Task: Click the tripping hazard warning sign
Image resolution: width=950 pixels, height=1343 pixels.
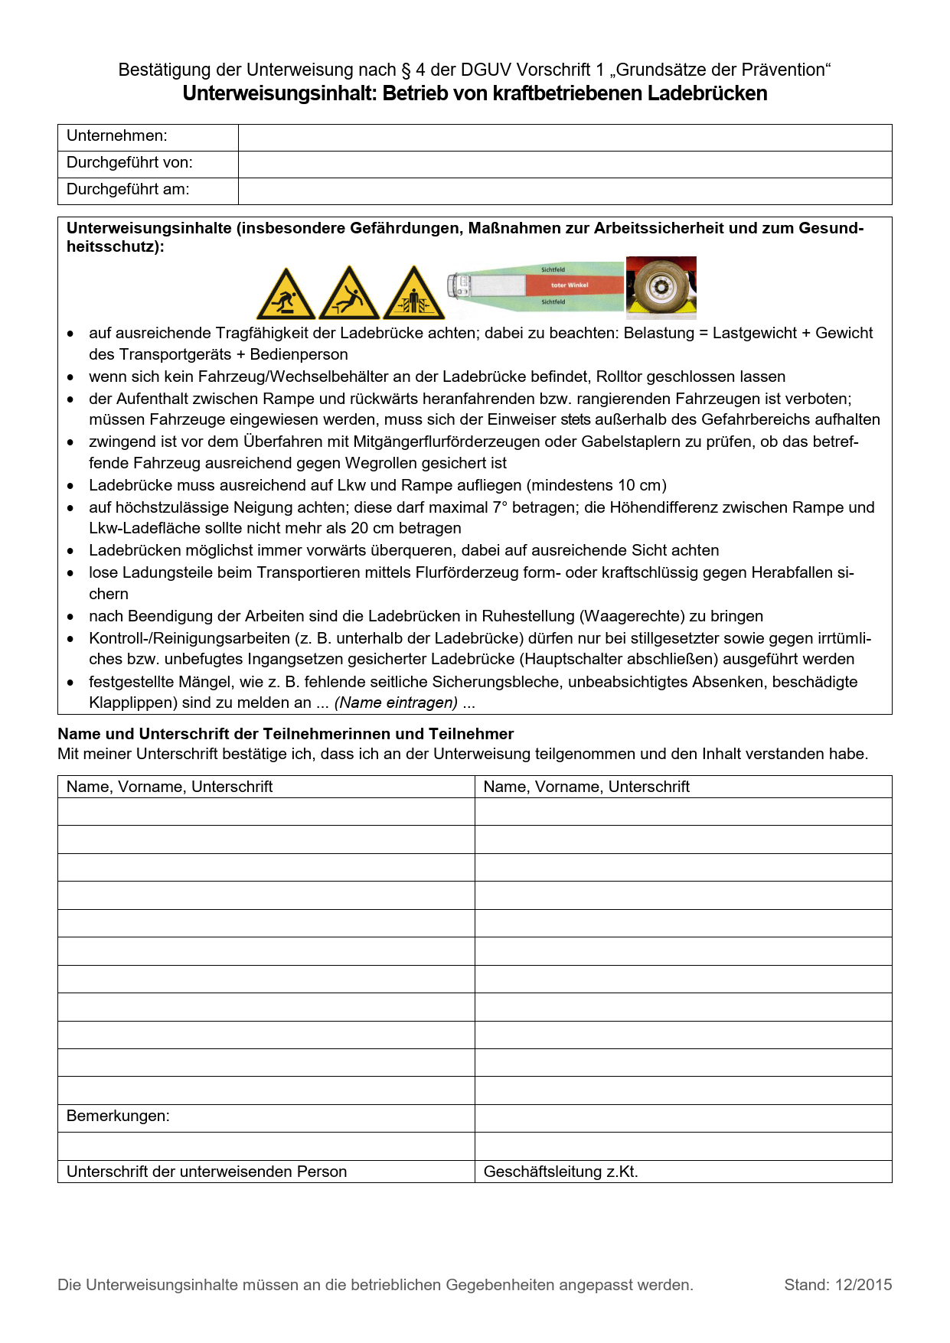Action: (x=286, y=295)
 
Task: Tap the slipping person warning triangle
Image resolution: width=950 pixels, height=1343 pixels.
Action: (x=349, y=295)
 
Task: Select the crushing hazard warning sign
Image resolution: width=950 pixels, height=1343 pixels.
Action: (x=413, y=295)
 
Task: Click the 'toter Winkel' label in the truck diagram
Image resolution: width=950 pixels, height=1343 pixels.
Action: (x=570, y=285)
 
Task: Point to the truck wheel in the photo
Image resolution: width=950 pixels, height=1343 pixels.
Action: (x=658, y=288)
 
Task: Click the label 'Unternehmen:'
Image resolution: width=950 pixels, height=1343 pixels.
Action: (x=116, y=136)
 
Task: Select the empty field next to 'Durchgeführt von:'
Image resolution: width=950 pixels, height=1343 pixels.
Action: (x=564, y=164)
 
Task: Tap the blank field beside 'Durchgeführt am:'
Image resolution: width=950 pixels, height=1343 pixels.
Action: (x=564, y=191)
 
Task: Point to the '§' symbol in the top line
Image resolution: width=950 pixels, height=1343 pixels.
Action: (x=406, y=70)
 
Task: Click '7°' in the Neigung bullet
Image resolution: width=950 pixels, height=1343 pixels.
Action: (x=499, y=508)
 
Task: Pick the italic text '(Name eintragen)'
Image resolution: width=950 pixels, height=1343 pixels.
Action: (x=396, y=703)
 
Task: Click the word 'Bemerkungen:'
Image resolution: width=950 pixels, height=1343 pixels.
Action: (x=118, y=1116)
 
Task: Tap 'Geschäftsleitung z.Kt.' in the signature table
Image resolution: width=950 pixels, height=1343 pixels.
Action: (x=560, y=1172)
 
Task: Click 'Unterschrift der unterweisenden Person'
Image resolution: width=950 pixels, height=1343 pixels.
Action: (x=207, y=1172)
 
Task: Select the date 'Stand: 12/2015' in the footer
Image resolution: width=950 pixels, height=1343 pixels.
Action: (x=837, y=1286)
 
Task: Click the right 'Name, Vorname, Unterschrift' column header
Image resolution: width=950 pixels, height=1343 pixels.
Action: (x=586, y=787)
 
